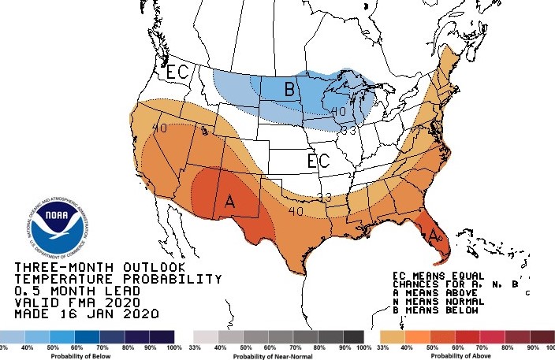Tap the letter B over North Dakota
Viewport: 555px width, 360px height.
pyautogui.click(x=289, y=90)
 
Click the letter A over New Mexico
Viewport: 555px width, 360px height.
pyautogui.click(x=230, y=201)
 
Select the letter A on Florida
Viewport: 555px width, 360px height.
pyautogui.click(x=433, y=233)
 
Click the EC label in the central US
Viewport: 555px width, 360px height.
pyautogui.click(x=318, y=162)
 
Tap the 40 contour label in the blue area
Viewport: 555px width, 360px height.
pyautogui.click(x=339, y=113)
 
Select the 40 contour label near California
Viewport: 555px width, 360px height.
pyautogui.click(x=158, y=128)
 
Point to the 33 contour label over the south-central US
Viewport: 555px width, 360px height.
pyautogui.click(x=324, y=196)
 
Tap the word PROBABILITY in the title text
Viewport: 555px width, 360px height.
pyautogui.click(x=170, y=279)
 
